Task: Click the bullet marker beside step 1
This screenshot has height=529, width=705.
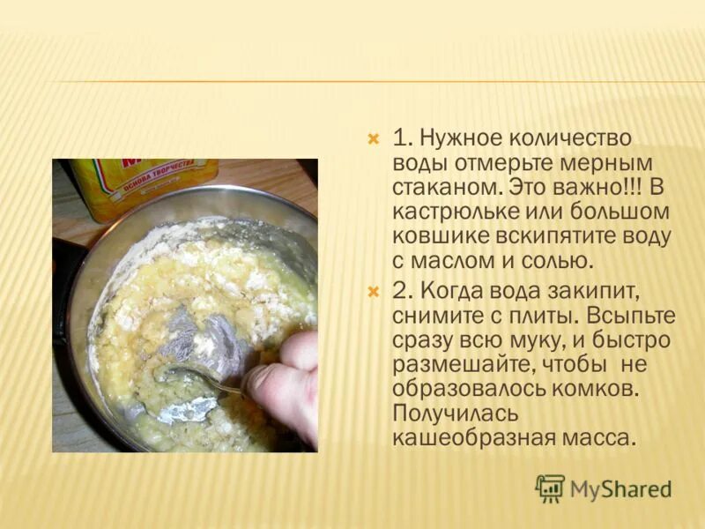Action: click(x=373, y=139)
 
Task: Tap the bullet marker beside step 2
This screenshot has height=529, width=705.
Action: click(x=373, y=291)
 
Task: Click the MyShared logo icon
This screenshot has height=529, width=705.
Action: click(x=550, y=488)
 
